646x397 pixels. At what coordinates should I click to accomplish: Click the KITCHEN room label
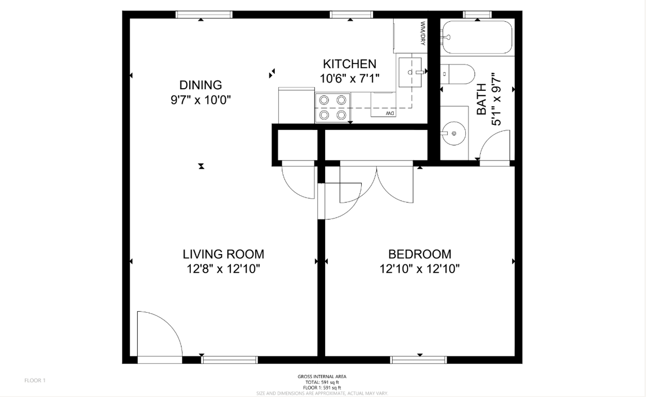pos(349,64)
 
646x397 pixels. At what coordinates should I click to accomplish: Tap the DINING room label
pos(200,85)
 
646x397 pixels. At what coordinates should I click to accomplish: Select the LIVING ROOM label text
pos(223,254)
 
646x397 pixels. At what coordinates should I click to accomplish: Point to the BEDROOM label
pos(420,254)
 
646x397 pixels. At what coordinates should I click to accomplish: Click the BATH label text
pos(481,99)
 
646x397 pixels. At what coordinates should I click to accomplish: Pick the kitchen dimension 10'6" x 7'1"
pos(349,78)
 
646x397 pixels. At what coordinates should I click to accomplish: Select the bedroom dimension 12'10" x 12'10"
pos(420,269)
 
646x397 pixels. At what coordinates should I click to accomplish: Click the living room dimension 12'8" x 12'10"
pos(223,269)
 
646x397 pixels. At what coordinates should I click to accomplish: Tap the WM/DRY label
pos(422,33)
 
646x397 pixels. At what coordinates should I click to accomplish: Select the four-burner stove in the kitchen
pos(333,108)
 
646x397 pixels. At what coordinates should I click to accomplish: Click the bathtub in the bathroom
pos(477,37)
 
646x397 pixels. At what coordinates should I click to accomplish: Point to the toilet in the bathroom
pos(458,74)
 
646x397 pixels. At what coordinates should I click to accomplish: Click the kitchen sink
pos(410,72)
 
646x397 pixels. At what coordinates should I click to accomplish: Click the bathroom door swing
pos(495,145)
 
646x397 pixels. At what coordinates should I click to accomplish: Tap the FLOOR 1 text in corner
pos(35,380)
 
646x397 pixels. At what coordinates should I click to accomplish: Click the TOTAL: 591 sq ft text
pos(322,382)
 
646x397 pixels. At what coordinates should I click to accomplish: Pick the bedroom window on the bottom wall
pos(418,360)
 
